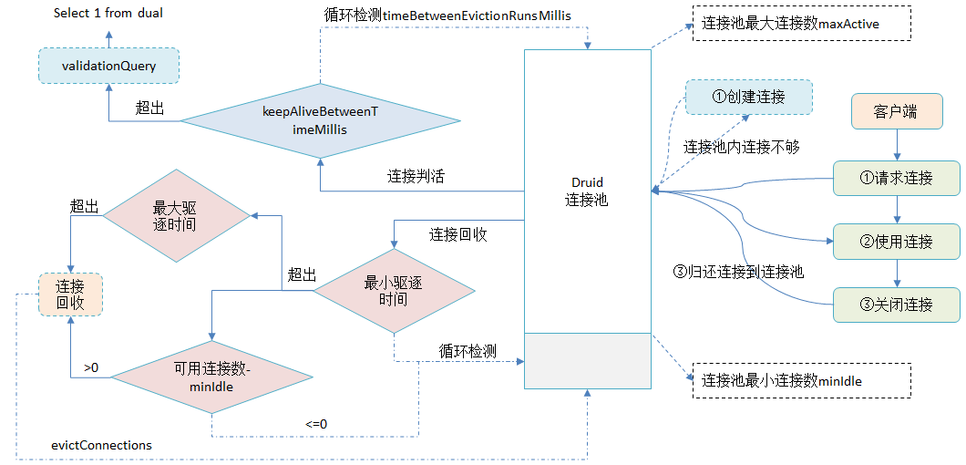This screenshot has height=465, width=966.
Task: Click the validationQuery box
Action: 108,66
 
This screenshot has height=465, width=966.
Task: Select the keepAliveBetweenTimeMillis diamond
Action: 319,120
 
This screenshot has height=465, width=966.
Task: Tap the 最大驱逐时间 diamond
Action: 176,215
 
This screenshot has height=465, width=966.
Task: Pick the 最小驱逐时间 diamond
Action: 394,292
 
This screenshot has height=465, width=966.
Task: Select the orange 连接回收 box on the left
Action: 70,294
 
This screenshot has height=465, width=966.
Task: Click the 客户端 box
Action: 895,112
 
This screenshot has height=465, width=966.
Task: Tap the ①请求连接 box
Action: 897,178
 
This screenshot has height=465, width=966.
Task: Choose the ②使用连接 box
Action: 897,242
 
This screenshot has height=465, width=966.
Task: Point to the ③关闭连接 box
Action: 897,304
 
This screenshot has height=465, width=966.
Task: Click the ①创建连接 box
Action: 748,97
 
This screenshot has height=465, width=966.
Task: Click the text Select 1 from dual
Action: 108,13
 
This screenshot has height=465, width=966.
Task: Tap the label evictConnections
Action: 102,445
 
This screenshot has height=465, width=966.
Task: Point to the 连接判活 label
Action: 416,176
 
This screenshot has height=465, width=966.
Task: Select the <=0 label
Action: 316,424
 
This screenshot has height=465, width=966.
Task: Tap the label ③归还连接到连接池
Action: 738,271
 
